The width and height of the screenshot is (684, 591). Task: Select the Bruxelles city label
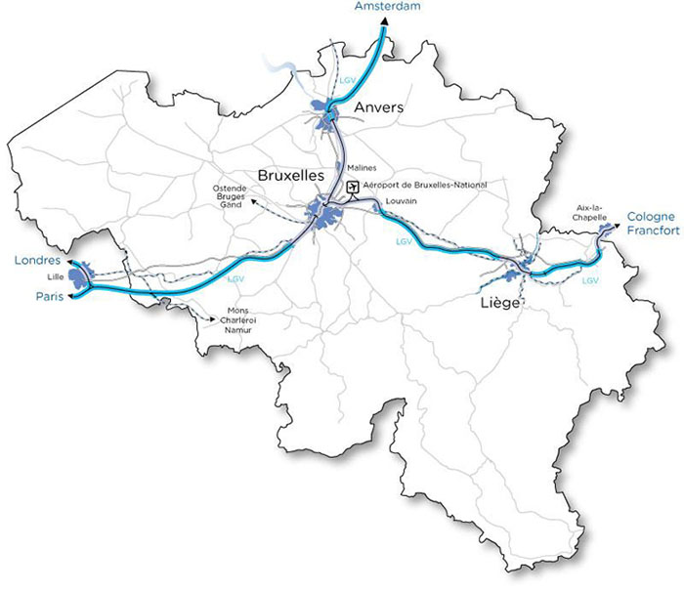[x=291, y=175]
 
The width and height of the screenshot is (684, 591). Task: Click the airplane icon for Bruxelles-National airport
[x=352, y=186]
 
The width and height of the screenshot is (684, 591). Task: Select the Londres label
[x=38, y=262]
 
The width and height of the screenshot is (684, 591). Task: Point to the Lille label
[x=54, y=278]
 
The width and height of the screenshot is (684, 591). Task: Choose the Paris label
[x=46, y=296]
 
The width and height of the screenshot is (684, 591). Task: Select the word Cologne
[x=651, y=217]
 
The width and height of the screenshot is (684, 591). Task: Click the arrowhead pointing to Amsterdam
[x=382, y=20]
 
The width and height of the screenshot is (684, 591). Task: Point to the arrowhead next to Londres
[x=71, y=263]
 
